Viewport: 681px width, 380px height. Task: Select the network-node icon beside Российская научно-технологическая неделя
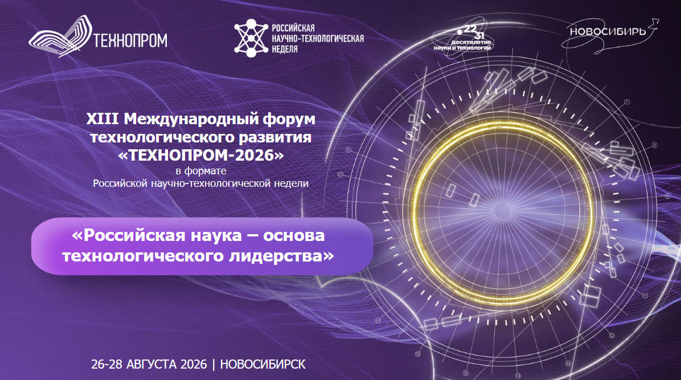click(x=249, y=38)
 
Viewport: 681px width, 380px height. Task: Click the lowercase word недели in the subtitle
click(x=291, y=183)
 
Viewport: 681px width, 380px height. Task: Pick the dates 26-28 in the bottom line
click(x=106, y=364)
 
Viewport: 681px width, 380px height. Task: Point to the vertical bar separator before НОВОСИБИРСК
click(x=214, y=364)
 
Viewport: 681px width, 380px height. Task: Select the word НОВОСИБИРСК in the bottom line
click(x=262, y=364)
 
